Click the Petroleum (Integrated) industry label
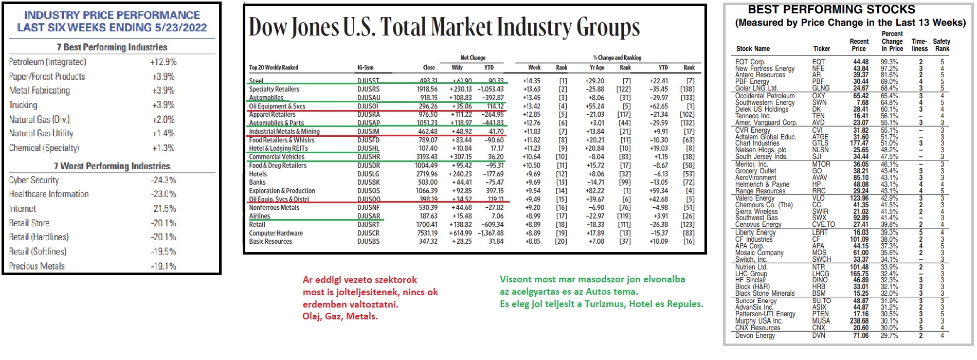(x=47, y=62)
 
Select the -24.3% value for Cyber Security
(x=164, y=180)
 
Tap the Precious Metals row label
(x=37, y=266)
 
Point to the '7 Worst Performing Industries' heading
(x=112, y=166)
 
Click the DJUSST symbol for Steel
(x=368, y=81)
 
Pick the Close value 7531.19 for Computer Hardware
(x=426, y=233)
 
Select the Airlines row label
(x=260, y=216)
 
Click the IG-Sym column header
(x=365, y=67)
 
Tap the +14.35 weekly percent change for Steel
(x=532, y=81)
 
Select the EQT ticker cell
(x=818, y=62)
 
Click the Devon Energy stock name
(x=755, y=336)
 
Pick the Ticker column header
(x=822, y=49)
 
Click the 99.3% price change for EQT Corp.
(x=889, y=62)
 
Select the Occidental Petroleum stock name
(x=765, y=96)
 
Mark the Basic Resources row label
(x=270, y=241)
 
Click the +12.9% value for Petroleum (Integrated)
(x=163, y=62)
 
